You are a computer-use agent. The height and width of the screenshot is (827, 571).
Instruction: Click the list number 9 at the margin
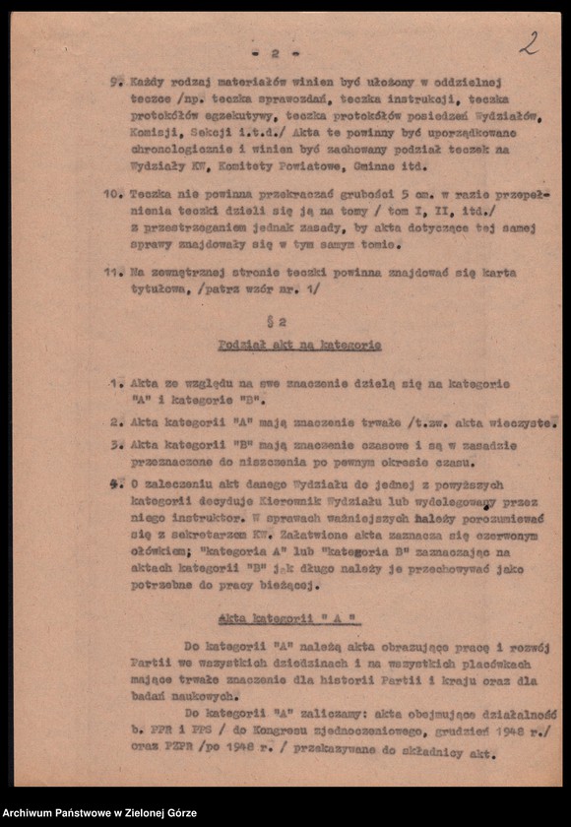click(x=114, y=83)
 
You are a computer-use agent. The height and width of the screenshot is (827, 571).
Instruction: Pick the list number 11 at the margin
click(x=113, y=273)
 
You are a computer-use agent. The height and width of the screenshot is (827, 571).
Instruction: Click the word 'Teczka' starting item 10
click(x=151, y=194)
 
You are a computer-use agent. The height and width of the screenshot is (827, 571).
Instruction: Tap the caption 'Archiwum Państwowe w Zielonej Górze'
click(x=98, y=813)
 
